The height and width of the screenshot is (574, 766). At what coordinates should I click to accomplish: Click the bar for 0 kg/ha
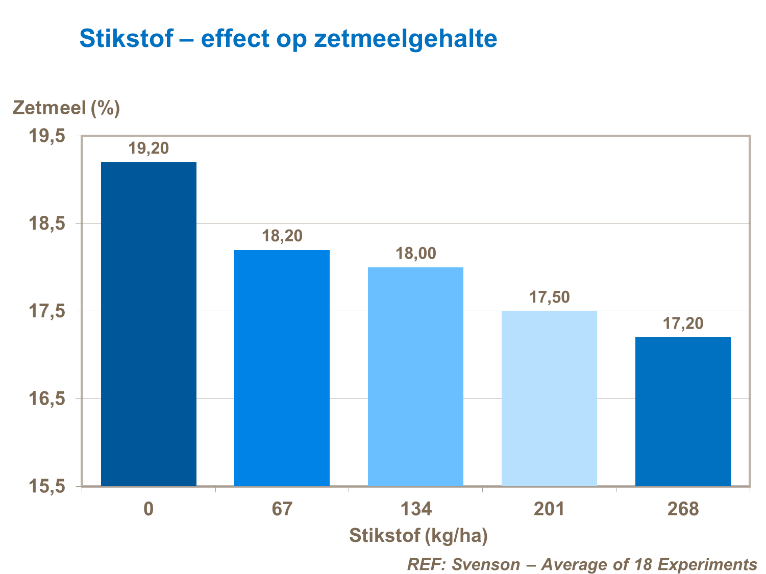149,324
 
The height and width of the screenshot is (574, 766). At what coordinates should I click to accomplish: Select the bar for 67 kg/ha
282,368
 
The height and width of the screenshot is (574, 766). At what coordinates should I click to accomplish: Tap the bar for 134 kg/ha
415,377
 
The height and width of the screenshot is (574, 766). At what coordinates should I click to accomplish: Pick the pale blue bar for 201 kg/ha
549,398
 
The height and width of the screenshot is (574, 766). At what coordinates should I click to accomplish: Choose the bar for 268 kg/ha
683,412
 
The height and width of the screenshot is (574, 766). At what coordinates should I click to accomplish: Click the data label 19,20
149,148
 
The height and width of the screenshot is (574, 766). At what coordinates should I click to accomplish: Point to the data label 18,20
282,236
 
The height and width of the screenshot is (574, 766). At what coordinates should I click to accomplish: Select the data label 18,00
416,253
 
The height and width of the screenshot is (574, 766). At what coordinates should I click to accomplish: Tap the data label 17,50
550,297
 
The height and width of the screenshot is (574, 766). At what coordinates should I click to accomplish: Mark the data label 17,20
683,323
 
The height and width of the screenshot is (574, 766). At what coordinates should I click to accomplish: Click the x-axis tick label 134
415,509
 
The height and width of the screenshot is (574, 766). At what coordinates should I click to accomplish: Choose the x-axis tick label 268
683,509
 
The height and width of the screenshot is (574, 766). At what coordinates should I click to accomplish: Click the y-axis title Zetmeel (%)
66,108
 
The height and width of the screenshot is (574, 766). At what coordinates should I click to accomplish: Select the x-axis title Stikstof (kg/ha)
418,536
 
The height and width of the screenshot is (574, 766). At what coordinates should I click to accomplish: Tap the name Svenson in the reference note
486,564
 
